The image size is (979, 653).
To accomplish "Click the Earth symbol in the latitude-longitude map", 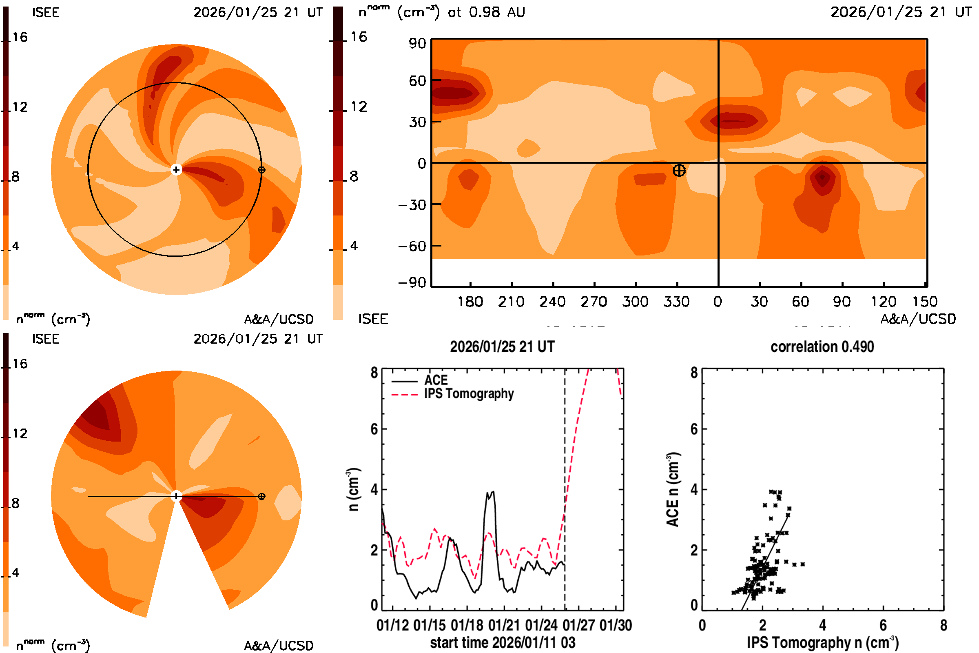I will click(679, 170).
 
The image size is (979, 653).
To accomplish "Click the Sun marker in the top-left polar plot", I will click(176, 169).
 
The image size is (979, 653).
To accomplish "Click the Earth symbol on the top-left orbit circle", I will click(261, 170).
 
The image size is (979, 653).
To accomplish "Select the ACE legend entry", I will click(436, 380).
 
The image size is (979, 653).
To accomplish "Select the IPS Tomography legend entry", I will click(469, 393).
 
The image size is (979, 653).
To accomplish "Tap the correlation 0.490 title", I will click(822, 347).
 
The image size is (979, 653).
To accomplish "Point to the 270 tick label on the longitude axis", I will click(594, 302).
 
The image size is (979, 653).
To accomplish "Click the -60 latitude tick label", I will click(412, 246).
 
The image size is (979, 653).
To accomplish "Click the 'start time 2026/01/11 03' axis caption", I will click(503, 642).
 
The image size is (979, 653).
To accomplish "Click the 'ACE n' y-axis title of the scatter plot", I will click(672, 489).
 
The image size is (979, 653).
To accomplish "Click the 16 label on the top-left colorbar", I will click(20, 38).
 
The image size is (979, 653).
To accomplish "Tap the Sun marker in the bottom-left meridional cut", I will click(176, 496).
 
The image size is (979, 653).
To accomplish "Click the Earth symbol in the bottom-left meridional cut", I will click(261, 496).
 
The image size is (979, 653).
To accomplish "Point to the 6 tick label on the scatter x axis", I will click(883, 625).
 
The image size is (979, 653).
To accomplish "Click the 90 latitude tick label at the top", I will click(417, 43).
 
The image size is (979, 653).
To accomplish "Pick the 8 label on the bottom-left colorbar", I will click(16, 503).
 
